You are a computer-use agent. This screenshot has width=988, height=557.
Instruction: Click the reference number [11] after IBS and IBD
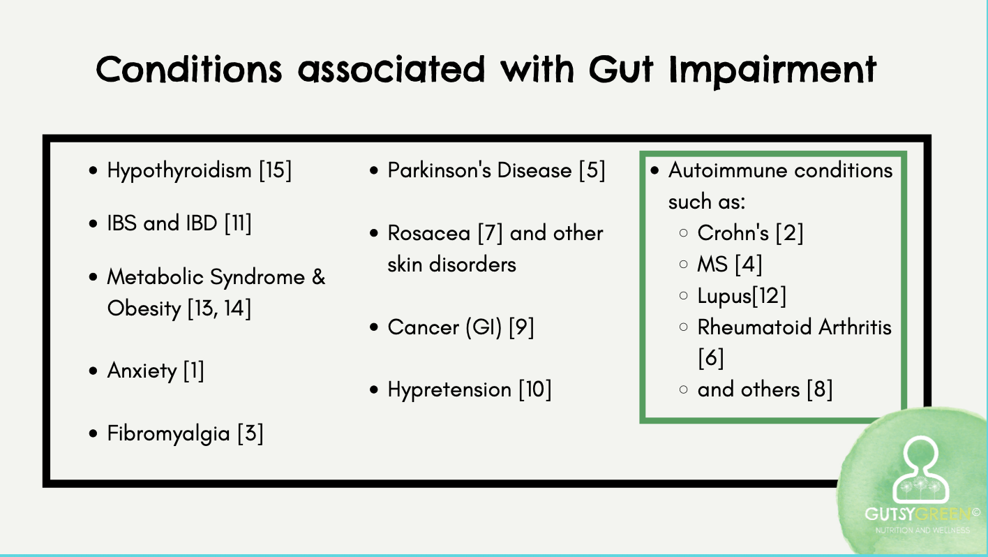tap(237, 224)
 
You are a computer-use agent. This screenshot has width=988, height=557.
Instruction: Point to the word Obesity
tap(144, 309)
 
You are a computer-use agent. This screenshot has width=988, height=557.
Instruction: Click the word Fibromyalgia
tap(168, 434)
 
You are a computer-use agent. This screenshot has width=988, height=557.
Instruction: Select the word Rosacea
tap(429, 233)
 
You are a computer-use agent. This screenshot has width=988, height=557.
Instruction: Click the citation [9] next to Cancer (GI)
tap(521, 327)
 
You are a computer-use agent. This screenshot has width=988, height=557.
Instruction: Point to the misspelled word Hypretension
tap(449, 389)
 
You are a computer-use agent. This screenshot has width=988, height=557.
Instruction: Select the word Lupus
tap(724, 296)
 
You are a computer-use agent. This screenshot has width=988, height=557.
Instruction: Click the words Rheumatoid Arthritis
tap(794, 327)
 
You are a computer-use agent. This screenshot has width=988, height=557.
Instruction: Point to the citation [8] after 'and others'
tap(819, 389)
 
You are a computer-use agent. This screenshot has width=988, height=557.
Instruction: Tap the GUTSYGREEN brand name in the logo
tap(918, 514)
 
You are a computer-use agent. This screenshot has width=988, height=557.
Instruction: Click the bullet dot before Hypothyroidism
tap(93, 171)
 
